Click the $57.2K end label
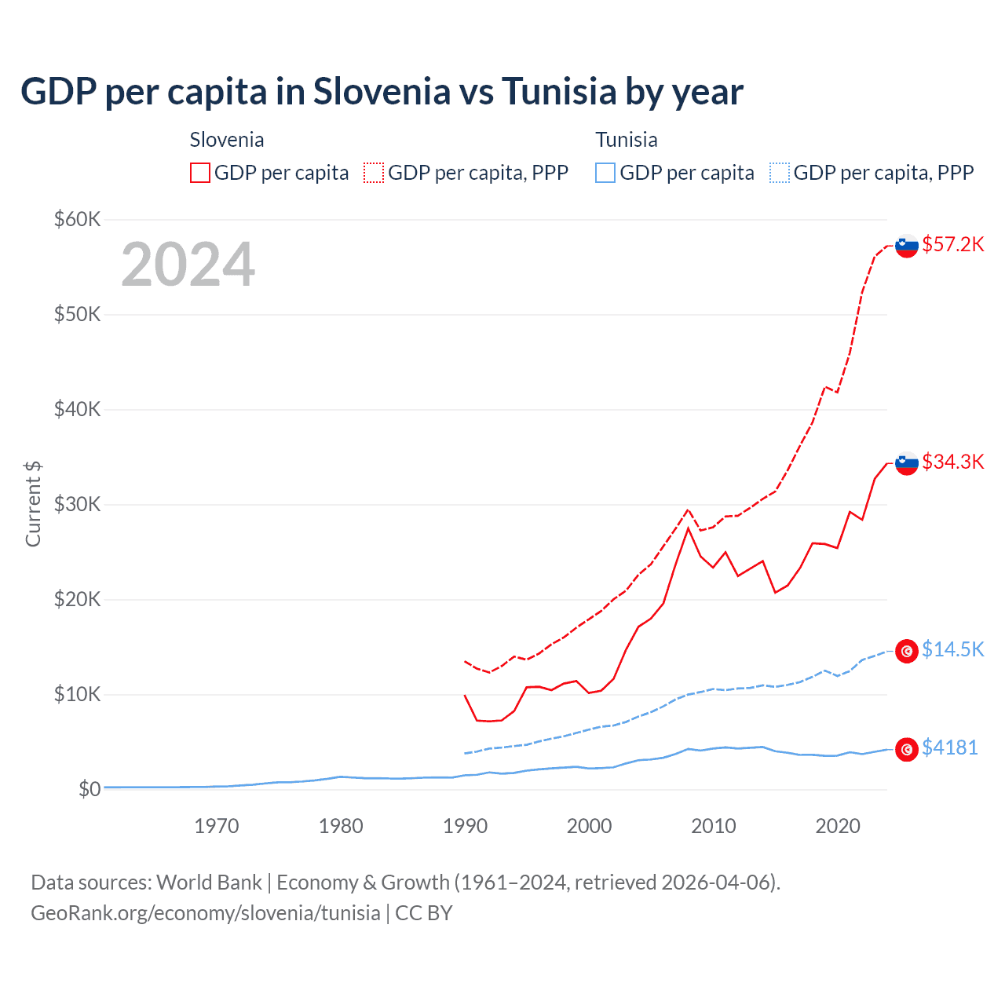coord(952,244)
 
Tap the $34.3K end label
coord(952,462)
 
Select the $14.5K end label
coord(952,649)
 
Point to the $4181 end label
coord(949,747)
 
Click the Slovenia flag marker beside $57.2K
coord(907,247)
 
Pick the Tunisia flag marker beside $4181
coord(907,750)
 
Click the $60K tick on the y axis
coord(77,219)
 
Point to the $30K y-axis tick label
coord(77,504)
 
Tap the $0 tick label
coord(90,789)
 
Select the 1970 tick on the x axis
coord(217,826)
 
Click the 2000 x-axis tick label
coord(590,826)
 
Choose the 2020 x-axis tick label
coord(838,826)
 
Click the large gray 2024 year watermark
coord(188,265)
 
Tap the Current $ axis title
coord(33,504)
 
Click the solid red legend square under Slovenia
coord(200,173)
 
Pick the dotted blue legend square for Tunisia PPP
coord(780,173)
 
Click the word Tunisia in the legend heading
coord(626,140)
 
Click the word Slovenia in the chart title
coord(382,91)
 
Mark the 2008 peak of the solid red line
coord(689,528)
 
